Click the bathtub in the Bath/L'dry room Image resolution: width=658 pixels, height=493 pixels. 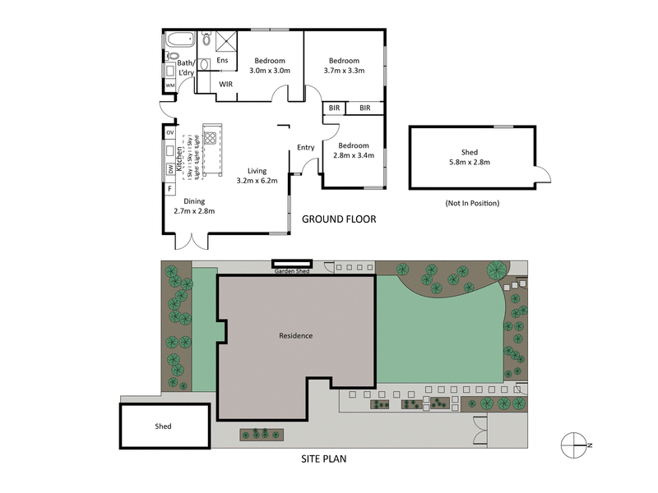pyautogui.click(x=178, y=39)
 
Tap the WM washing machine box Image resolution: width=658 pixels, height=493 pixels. pyautogui.click(x=170, y=85)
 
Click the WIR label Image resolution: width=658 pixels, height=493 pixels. pyautogui.click(x=225, y=84)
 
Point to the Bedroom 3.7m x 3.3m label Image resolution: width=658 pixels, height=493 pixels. pyautogui.click(x=344, y=66)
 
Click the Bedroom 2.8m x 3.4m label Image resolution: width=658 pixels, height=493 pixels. pyautogui.click(x=354, y=150)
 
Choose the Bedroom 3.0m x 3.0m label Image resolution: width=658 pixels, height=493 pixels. pyautogui.click(x=269, y=66)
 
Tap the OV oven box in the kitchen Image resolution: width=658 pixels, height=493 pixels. pyautogui.click(x=170, y=132)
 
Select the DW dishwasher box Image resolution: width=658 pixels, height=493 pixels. pyautogui.click(x=170, y=169)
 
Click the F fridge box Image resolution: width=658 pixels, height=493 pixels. pyautogui.click(x=170, y=188)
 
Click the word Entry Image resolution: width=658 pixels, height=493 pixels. pyautogui.click(x=306, y=148)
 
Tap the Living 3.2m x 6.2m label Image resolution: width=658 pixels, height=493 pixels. pyautogui.click(x=257, y=175)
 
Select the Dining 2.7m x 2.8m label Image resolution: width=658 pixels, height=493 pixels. pyautogui.click(x=194, y=206)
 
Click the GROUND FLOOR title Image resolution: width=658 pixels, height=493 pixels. pyautogui.click(x=339, y=219)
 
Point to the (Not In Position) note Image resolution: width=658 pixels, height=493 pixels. pyautogui.click(x=472, y=203)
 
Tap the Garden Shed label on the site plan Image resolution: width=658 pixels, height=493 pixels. pyautogui.click(x=292, y=270)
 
